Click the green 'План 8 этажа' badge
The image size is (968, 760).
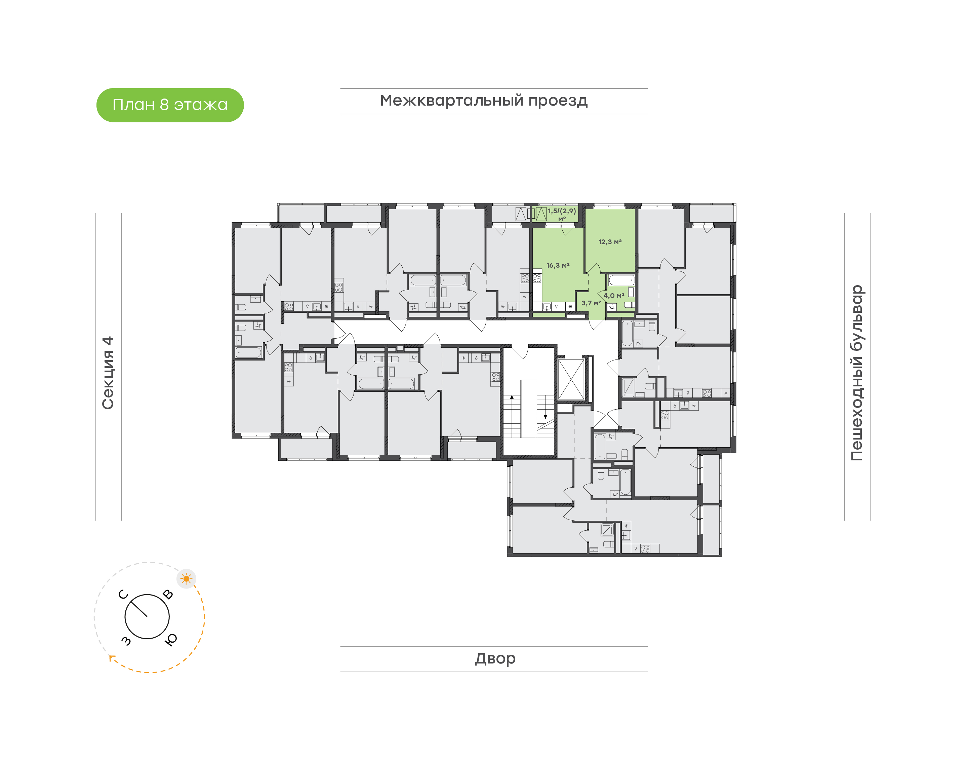pos(170,105)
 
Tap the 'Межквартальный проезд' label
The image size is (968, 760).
pos(483,101)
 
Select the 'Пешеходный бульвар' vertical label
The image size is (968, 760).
pos(856,373)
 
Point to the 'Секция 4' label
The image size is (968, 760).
pos(108,373)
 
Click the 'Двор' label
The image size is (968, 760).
pos(495,658)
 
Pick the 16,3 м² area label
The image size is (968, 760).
pos(558,266)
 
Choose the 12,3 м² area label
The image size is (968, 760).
pos(610,242)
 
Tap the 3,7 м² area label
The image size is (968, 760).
pos(591,303)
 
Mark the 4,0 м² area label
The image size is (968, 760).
pos(614,296)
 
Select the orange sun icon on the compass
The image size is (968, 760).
pos(186,579)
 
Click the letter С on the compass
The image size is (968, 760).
pos(123,595)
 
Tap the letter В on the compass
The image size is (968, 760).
pos(168,595)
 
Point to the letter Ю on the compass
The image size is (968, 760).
pos(171,639)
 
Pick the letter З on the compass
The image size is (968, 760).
pos(126,640)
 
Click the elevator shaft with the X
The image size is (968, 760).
pos(571,380)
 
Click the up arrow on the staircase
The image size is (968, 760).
pos(512,397)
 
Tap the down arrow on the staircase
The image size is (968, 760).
pos(545,417)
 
